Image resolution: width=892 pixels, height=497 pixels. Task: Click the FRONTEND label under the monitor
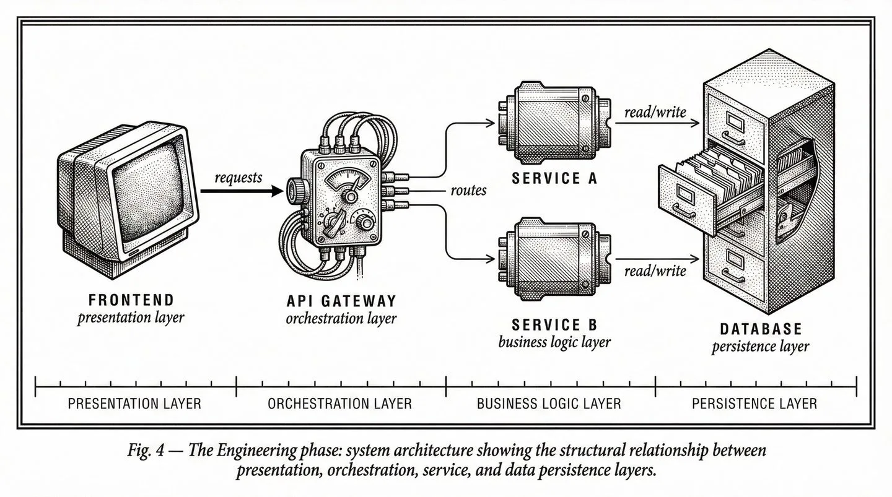pyautogui.click(x=131, y=300)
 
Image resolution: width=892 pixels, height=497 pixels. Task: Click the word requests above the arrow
pyautogui.click(x=238, y=178)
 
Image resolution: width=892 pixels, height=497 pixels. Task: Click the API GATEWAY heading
pyautogui.click(x=341, y=301)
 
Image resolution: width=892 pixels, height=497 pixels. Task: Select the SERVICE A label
pyautogui.click(x=554, y=179)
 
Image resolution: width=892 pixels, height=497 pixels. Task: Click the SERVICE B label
pyautogui.click(x=554, y=324)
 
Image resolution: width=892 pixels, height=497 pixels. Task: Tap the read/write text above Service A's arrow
pyautogui.click(x=655, y=112)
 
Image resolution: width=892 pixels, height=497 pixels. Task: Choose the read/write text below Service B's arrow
pyautogui.click(x=655, y=270)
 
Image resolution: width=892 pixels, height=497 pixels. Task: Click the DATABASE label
pyautogui.click(x=761, y=329)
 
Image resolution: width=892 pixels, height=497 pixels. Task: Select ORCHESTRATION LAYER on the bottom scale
pyautogui.click(x=339, y=404)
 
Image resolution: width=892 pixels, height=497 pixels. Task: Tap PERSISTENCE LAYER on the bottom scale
pyautogui.click(x=754, y=404)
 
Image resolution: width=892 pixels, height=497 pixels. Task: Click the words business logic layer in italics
pyautogui.click(x=554, y=342)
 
